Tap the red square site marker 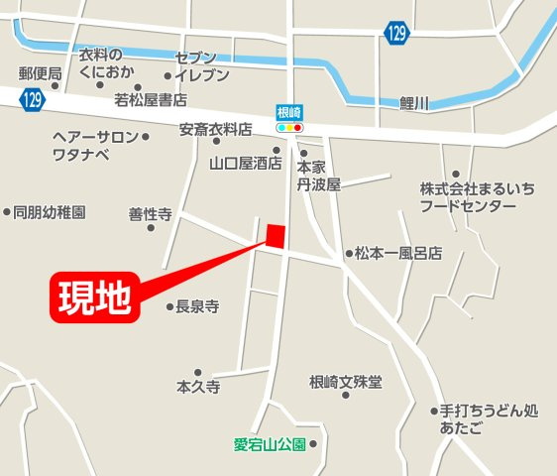coord(275,235)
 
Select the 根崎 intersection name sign coord(288,113)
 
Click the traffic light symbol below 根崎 coord(288,128)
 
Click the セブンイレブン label coord(202,66)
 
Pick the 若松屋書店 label coord(151,99)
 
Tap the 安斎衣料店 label coord(216,129)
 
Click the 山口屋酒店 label coord(246,163)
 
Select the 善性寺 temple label coord(151,213)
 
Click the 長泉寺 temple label coord(197,306)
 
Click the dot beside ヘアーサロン coord(146,137)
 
